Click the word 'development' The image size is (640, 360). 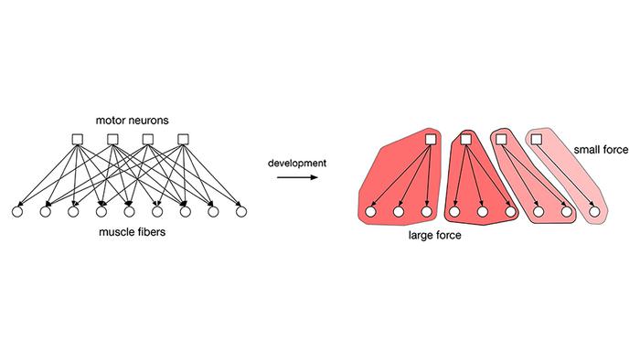click(x=297, y=163)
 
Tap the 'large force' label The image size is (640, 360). click(x=434, y=235)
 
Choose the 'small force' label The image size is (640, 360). click(x=601, y=148)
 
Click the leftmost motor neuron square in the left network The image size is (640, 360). click(x=78, y=140)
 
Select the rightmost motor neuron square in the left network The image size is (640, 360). click(x=183, y=140)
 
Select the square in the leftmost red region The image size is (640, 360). click(x=430, y=139)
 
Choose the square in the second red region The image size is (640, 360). click(x=465, y=139)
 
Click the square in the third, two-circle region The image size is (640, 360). click(x=501, y=139)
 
